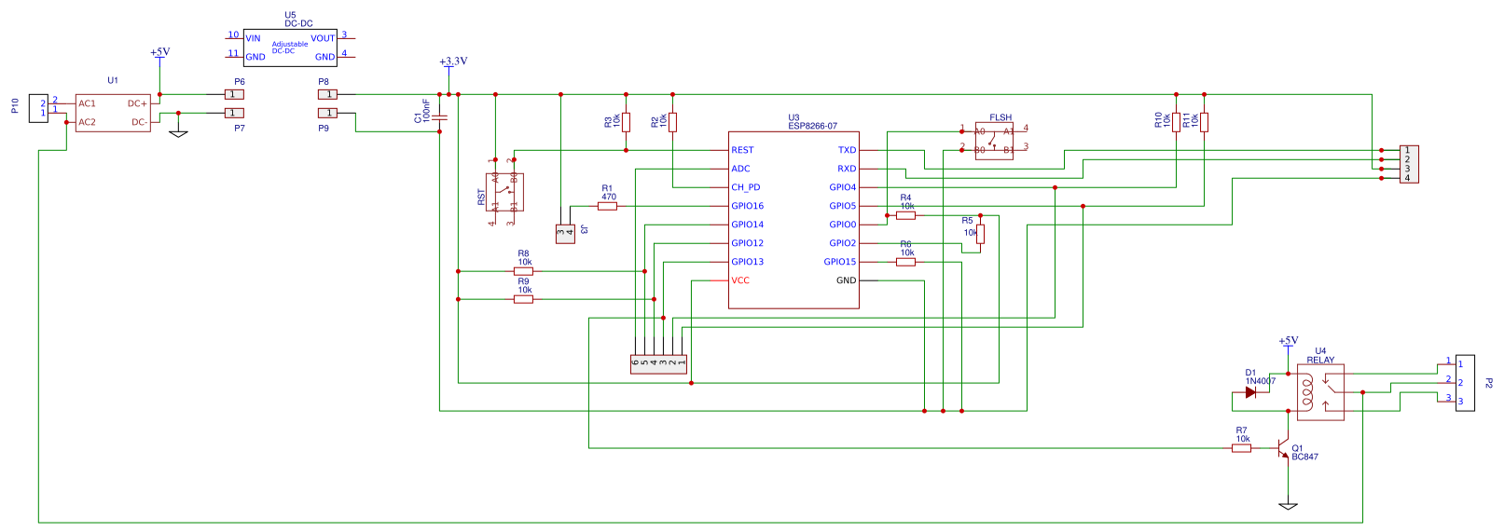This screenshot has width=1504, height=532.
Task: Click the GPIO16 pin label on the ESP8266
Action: pyautogui.click(x=747, y=206)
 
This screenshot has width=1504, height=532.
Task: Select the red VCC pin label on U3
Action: pyautogui.click(x=740, y=280)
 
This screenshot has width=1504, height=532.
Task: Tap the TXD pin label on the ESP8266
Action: pyautogui.click(x=847, y=150)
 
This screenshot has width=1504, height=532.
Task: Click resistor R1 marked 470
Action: pyautogui.click(x=607, y=206)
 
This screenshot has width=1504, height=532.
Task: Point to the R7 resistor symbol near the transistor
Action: pyautogui.click(x=1241, y=448)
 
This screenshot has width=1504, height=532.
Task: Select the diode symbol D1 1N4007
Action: pyautogui.click(x=1250, y=392)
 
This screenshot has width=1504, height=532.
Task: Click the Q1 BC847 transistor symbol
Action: pyautogui.click(x=1285, y=449)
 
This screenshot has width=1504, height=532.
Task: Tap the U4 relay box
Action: pyautogui.click(x=1320, y=392)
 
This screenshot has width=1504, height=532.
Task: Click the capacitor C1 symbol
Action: pyautogui.click(x=439, y=117)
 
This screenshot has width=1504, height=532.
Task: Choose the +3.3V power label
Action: pyautogui.click(x=453, y=61)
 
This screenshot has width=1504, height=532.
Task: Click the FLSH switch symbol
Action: pyautogui.click(x=994, y=141)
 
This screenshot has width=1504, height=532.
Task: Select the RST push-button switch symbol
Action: pyautogui.click(x=504, y=192)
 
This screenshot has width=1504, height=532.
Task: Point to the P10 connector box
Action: pyautogui.click(x=38, y=108)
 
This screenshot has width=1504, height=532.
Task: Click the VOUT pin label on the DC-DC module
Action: pyautogui.click(x=323, y=38)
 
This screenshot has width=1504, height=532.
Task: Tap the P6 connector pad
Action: pyautogui.click(x=234, y=94)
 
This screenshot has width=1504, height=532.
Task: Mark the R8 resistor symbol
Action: pyautogui.click(x=523, y=271)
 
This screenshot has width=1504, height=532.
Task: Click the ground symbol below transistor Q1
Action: pyautogui.click(x=1288, y=506)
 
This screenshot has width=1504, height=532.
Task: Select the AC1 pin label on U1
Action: pyautogui.click(x=88, y=103)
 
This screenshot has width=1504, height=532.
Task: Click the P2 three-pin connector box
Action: pyautogui.click(x=1465, y=383)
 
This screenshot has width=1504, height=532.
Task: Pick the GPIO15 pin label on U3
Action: pyautogui.click(x=839, y=262)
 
